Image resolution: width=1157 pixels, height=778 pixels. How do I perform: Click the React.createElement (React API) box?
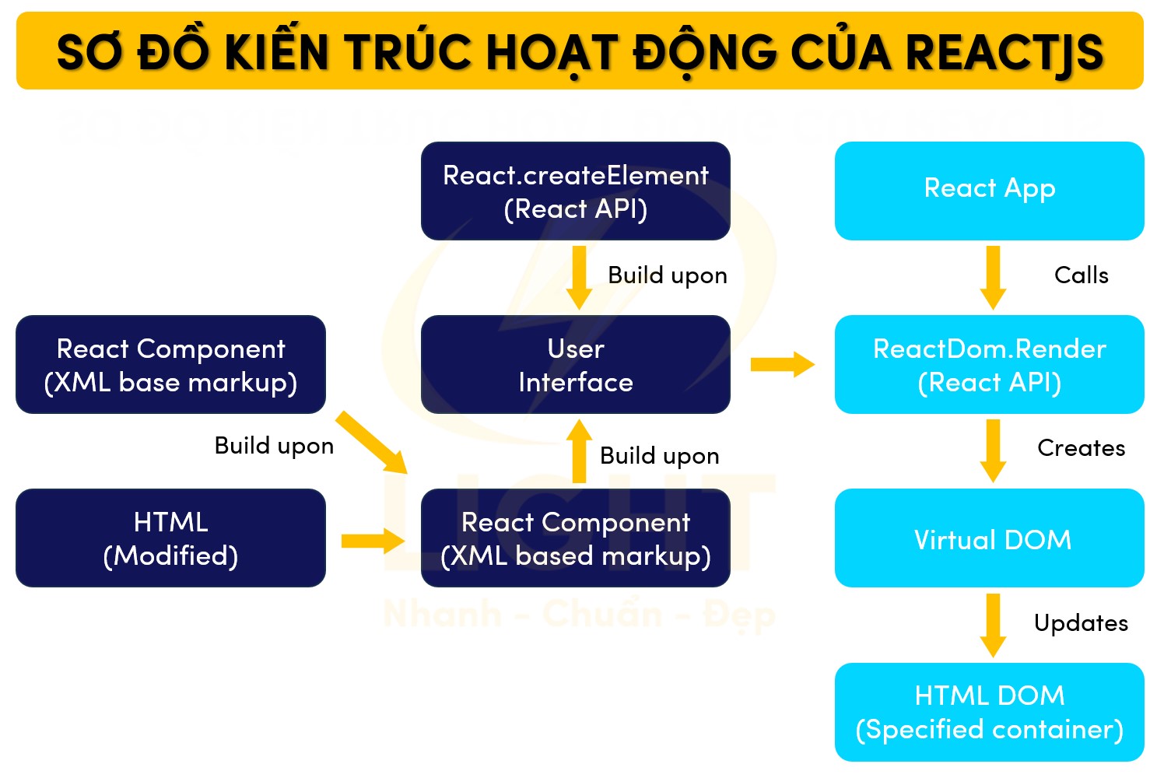coord(575,191)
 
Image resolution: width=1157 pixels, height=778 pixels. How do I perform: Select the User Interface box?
coord(575,365)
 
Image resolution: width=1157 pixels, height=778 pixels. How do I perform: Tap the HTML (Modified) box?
coord(170,538)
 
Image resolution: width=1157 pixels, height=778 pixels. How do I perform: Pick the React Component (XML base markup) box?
coord(170,365)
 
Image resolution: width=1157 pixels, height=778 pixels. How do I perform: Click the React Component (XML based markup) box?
coord(575,538)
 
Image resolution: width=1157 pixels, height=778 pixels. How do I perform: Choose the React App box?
coord(989,191)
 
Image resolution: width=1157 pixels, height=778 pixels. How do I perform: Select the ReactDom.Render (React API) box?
coord(989,365)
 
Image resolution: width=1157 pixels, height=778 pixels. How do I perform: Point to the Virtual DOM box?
coord(989,538)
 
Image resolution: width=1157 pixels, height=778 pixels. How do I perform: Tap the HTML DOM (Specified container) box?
coord(989,712)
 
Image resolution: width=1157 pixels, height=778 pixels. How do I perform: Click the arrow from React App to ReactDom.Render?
coord(993,278)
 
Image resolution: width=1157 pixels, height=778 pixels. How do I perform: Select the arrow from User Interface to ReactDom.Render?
coord(781,364)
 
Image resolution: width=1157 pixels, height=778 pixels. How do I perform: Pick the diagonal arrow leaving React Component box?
coord(371,443)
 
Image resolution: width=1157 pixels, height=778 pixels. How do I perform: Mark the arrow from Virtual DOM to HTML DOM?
coord(993,625)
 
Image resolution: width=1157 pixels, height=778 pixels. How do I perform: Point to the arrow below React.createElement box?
coord(579,278)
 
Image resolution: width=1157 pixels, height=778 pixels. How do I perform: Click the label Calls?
coord(1081,275)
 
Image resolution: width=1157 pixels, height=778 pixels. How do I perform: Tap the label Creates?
coord(1081,448)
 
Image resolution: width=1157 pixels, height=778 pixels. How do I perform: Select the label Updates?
coord(1081,623)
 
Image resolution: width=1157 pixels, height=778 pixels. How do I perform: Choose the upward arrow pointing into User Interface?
coord(579,451)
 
